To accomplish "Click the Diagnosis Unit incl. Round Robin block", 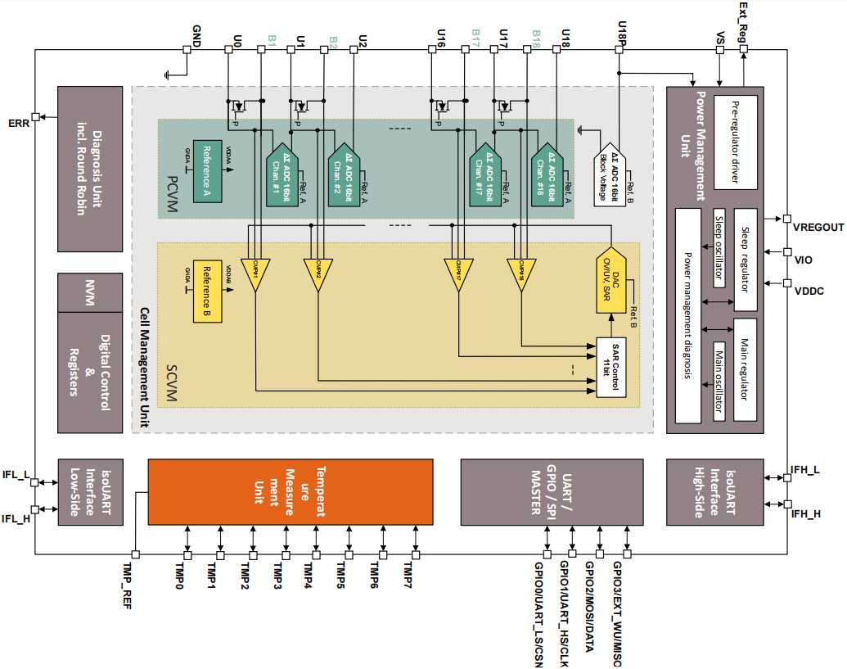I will point(90,169).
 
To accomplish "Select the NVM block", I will point(90,292).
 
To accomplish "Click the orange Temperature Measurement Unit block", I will point(290,491).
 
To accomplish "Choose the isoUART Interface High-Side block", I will point(714,491).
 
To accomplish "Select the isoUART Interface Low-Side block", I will point(90,491).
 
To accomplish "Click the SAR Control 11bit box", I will point(617,367).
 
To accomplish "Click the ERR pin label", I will point(18,123).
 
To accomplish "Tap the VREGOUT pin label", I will point(818,226).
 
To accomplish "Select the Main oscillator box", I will point(721,381).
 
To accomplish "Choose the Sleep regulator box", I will point(746,259).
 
